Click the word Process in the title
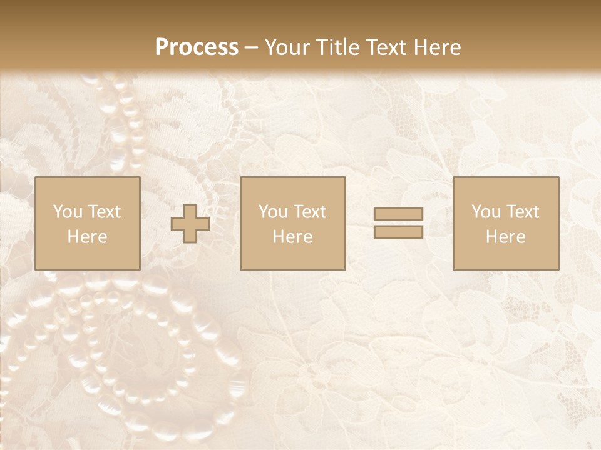(197, 47)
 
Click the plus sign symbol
(190, 224)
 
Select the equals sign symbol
(398, 223)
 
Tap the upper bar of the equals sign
(398, 214)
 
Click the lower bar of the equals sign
(398, 232)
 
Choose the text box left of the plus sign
(88, 223)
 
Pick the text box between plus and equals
(293, 223)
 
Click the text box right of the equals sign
(506, 223)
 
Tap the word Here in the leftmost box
(88, 237)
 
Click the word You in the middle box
(273, 212)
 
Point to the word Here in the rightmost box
(506, 237)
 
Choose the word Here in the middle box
(293, 237)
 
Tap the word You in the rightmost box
(486, 212)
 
